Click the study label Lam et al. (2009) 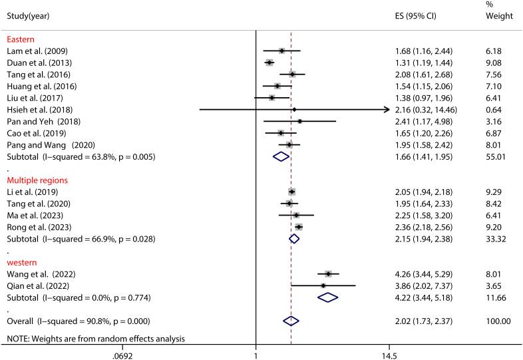[x=37, y=51]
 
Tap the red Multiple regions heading [x=37, y=179]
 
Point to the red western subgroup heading [x=22, y=262]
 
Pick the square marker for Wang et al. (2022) [x=328, y=273]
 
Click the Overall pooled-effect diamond [x=291, y=321]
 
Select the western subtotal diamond [x=328, y=297]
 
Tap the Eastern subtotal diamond [x=281, y=156]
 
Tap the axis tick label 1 [x=256, y=356]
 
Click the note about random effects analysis [x=95, y=339]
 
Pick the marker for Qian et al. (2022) [x=323, y=285]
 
